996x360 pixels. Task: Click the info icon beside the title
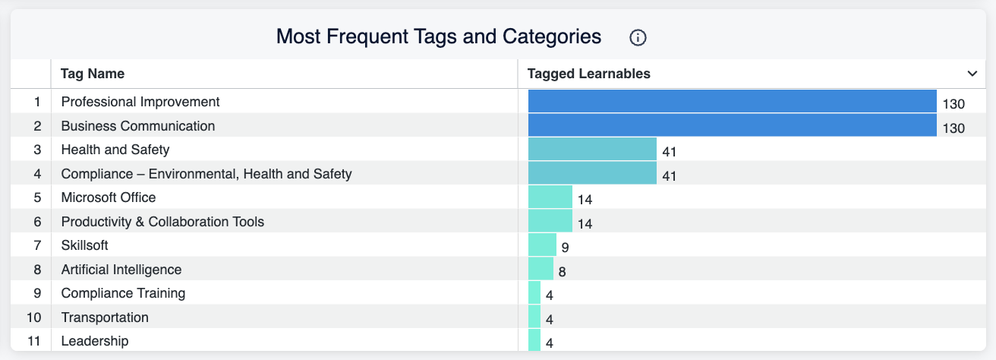(x=638, y=38)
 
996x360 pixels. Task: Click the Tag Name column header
(x=93, y=74)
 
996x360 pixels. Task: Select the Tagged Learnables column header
(x=588, y=74)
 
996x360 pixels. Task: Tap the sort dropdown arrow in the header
(x=972, y=74)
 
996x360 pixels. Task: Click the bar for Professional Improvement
(x=733, y=101)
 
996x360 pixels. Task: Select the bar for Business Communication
(x=733, y=125)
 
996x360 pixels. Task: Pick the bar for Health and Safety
(x=592, y=149)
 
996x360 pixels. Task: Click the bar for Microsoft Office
(x=550, y=197)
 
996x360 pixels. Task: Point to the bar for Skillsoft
(x=542, y=245)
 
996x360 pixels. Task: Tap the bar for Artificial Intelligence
(x=541, y=268)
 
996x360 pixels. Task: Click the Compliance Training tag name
(x=123, y=293)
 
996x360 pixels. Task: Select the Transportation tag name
(x=105, y=317)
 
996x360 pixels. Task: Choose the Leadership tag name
(x=95, y=341)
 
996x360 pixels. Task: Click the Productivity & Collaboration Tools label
(x=162, y=222)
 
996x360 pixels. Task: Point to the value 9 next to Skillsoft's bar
(x=565, y=248)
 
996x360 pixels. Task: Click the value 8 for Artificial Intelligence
(x=562, y=271)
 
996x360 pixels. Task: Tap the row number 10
(x=34, y=317)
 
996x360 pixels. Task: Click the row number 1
(x=37, y=102)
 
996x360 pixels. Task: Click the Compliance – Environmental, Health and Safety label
(x=206, y=174)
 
